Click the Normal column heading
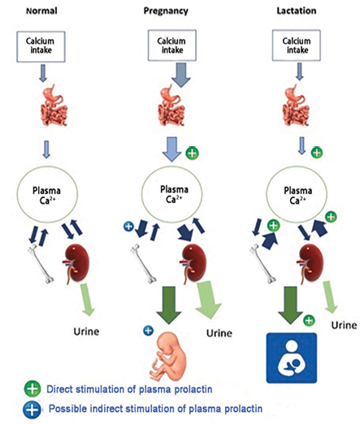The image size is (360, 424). [x=41, y=11]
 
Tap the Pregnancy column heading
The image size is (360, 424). [x=166, y=11]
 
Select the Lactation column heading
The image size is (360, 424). [x=297, y=11]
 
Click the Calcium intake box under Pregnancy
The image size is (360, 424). [x=172, y=45]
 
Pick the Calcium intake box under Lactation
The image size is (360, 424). [x=297, y=45]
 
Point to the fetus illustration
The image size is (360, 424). [x=168, y=356]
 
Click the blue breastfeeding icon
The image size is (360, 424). [x=291, y=358]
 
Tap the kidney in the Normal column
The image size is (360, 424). [x=76, y=263]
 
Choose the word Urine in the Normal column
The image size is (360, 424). [x=86, y=331]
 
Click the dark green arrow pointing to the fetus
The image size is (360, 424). [x=169, y=305]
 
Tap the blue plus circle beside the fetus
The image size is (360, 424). [x=148, y=331]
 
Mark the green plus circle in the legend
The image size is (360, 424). [x=33, y=389]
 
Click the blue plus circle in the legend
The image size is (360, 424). [x=32, y=409]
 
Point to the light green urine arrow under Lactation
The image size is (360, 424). [x=330, y=297]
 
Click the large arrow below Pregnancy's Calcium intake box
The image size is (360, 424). [x=181, y=75]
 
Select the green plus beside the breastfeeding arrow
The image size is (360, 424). [x=309, y=321]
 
